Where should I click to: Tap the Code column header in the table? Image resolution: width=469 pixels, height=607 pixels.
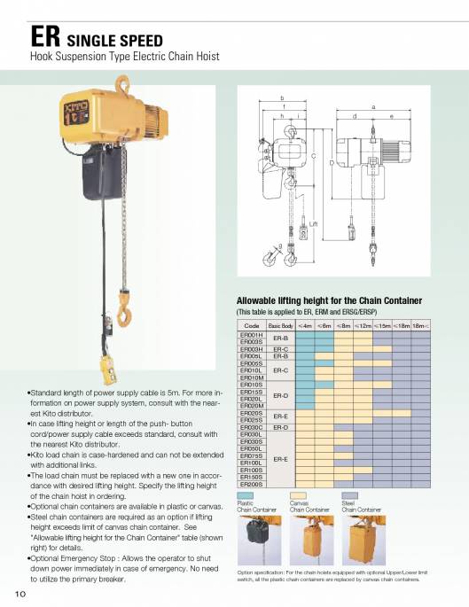click(252, 326)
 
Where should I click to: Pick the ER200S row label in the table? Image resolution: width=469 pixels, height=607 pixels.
click(252, 485)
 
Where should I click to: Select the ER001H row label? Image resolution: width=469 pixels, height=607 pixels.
click(252, 335)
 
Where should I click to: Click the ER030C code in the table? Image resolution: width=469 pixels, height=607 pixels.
click(252, 427)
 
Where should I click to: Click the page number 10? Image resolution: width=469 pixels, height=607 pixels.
click(19, 592)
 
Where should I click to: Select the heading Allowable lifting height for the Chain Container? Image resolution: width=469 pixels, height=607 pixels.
click(328, 300)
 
